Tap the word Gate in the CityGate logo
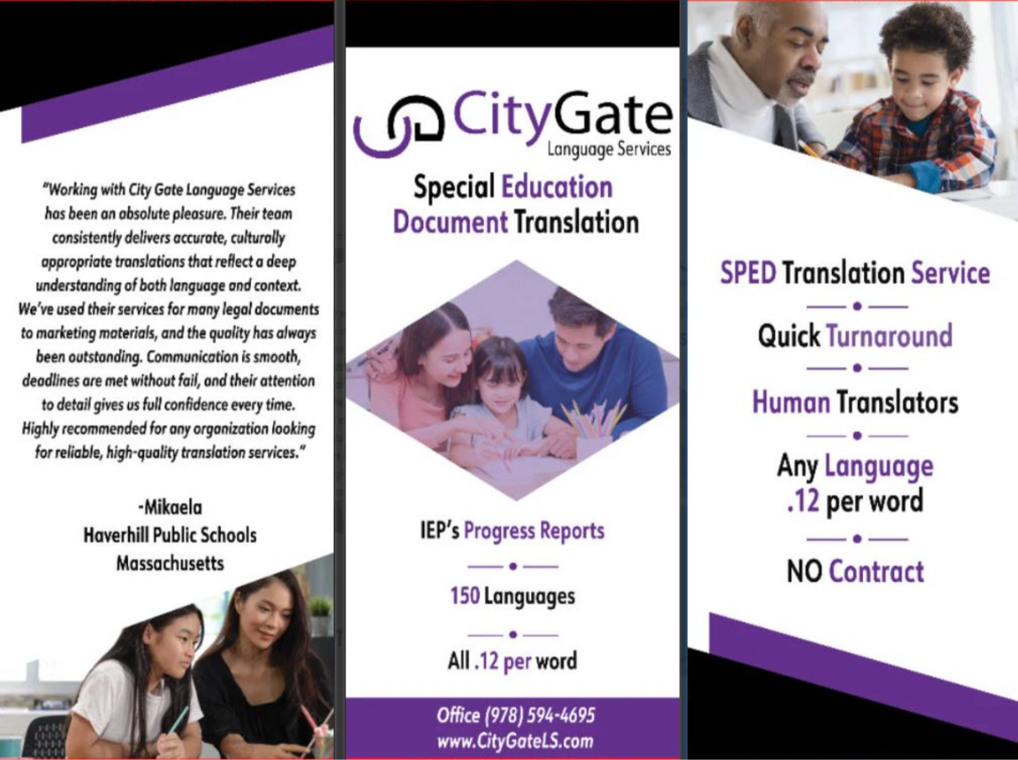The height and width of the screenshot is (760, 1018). click(x=613, y=116)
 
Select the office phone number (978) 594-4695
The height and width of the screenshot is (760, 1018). click(x=539, y=715)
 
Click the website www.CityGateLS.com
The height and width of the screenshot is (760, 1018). click(x=515, y=741)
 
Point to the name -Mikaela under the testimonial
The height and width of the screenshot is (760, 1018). click(x=170, y=507)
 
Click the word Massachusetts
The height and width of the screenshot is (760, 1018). click(x=170, y=563)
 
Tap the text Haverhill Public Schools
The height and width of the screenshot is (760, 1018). click(x=170, y=535)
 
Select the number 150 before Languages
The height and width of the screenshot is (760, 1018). click(x=464, y=596)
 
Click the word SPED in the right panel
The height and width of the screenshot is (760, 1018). click(x=748, y=273)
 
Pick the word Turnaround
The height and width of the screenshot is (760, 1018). click(x=889, y=336)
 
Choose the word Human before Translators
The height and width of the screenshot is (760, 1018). click(x=791, y=403)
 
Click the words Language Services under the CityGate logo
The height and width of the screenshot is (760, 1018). click(x=608, y=149)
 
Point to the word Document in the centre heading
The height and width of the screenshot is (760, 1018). click(x=450, y=222)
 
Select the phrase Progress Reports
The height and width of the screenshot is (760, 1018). click(x=534, y=531)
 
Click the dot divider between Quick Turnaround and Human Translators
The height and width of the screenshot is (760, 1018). click(x=857, y=368)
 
